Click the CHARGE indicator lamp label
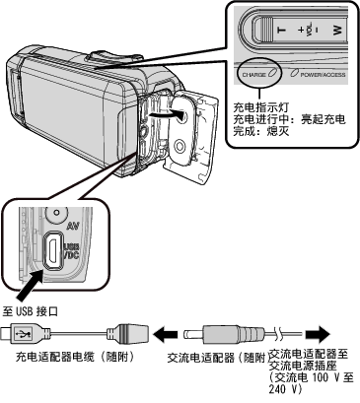[x=253, y=75]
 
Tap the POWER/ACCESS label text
[x=323, y=75]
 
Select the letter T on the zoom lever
[x=282, y=31]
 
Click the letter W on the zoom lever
[x=337, y=31]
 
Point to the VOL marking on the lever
[x=309, y=30]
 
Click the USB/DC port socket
[x=52, y=250]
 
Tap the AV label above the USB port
[x=73, y=226]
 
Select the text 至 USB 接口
[x=31, y=311]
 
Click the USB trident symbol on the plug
[x=25, y=334]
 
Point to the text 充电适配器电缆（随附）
[x=75, y=357]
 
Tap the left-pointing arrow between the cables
[x=166, y=334]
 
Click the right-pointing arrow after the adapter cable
[x=318, y=334]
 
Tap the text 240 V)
[x=286, y=389]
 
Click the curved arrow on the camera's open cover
[x=165, y=114]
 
